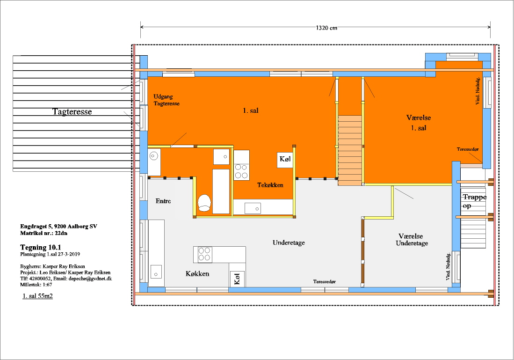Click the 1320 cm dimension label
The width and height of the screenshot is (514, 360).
[x=326, y=28]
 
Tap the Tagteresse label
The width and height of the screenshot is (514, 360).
[x=72, y=111]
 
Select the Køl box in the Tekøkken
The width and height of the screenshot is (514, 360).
[x=285, y=160]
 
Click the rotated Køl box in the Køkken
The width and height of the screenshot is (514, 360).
[x=237, y=279]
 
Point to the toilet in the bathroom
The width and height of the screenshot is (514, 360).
[x=204, y=203]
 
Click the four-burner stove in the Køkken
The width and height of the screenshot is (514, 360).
[x=204, y=254]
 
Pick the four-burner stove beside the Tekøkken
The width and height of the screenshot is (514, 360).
[x=241, y=165]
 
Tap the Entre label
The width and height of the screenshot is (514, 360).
[x=163, y=201]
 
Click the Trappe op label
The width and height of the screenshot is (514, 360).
[x=474, y=201]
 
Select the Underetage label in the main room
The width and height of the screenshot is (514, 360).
[x=289, y=242]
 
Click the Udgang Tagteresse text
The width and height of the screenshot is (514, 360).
[x=167, y=100]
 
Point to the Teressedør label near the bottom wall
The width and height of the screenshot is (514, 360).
[x=325, y=281]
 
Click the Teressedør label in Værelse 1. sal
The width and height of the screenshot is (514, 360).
[x=468, y=149]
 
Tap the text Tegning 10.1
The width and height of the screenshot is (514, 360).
[x=41, y=247]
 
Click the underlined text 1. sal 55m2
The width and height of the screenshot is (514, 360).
[x=38, y=296]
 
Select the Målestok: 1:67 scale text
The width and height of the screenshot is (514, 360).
[x=36, y=285]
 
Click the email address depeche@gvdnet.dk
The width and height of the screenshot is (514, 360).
[x=90, y=279]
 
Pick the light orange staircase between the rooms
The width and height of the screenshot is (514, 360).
[x=350, y=150]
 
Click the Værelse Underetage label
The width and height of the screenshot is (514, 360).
[x=412, y=240]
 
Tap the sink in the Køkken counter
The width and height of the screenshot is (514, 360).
[x=156, y=272]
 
